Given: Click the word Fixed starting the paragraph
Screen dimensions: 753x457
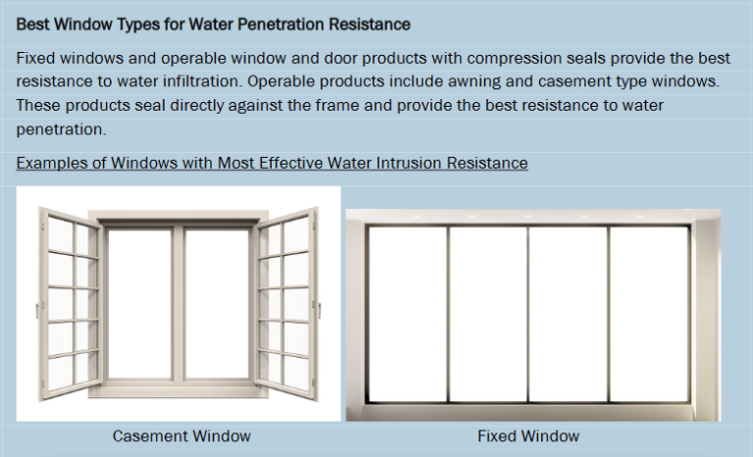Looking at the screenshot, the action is [x=35, y=58].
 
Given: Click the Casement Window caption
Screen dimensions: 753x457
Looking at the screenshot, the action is [x=181, y=435].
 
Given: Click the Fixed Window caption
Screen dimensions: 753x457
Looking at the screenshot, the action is [x=528, y=435].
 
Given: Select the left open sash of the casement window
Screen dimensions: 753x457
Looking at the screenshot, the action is [x=70, y=304].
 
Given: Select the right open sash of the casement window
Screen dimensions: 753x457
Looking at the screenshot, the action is [x=287, y=304].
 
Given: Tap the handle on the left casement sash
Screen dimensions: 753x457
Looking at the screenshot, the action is [x=38, y=310].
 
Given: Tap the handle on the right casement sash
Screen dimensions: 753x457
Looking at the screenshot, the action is [x=319, y=310].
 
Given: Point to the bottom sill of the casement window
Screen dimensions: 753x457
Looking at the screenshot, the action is [x=178, y=390].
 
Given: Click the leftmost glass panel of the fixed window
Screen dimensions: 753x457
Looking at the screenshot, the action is [x=407, y=313].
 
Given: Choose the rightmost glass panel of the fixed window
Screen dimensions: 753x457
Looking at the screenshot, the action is [x=649, y=313].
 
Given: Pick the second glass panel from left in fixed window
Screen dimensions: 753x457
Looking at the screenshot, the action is [x=488, y=313].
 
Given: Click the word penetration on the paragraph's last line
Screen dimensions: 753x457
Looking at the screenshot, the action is [x=62, y=129].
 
